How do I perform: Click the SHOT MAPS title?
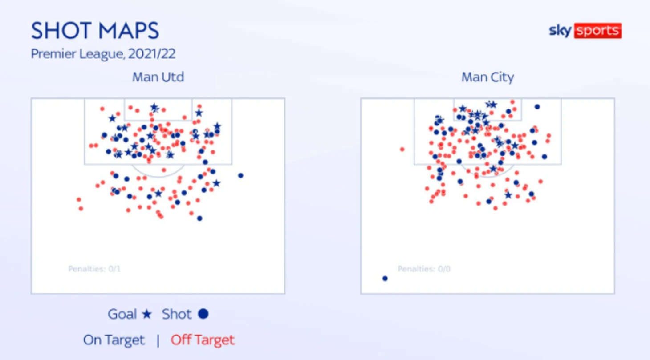[95, 30]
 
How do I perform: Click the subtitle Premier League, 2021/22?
[103, 54]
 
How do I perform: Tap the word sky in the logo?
[561, 30]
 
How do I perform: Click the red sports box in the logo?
[598, 30]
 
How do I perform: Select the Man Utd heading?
[158, 77]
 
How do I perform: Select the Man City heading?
[487, 77]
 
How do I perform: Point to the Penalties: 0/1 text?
[94, 269]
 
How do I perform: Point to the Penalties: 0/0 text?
[424, 269]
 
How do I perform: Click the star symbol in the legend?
[147, 314]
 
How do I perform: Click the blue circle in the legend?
[203, 314]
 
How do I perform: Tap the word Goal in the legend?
[122, 314]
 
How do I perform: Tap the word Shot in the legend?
[177, 314]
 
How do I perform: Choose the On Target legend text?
[114, 340]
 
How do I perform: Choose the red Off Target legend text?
[203, 340]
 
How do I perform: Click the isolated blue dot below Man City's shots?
[385, 279]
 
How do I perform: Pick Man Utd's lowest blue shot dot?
[199, 218]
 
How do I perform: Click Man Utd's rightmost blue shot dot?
[240, 175]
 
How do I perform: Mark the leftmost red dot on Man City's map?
[402, 150]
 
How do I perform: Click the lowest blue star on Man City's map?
[508, 195]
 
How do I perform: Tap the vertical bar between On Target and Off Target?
[158, 340]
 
